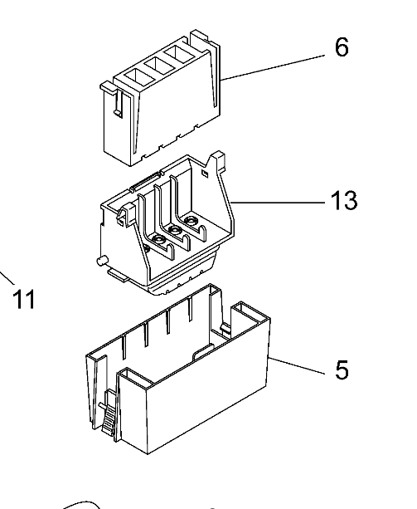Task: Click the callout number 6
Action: click(342, 47)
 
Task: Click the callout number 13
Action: click(344, 200)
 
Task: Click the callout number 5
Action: click(342, 370)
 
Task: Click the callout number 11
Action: click(24, 299)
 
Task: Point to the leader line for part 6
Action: click(272, 68)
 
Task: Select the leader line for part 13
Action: click(279, 203)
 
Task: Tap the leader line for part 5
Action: click(297, 365)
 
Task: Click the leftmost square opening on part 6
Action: click(138, 77)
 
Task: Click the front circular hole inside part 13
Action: click(159, 240)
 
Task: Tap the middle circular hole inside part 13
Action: click(175, 231)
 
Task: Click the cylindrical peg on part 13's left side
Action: click(102, 261)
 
